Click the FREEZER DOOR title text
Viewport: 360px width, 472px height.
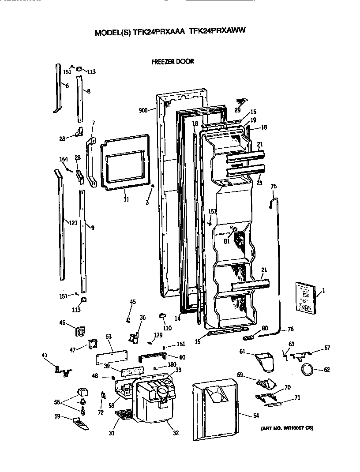[x=172, y=62]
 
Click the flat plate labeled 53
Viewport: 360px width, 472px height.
[x=112, y=358]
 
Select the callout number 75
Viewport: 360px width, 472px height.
[x=273, y=187]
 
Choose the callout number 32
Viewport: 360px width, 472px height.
[x=176, y=433]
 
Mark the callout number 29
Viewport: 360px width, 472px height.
[x=237, y=110]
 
